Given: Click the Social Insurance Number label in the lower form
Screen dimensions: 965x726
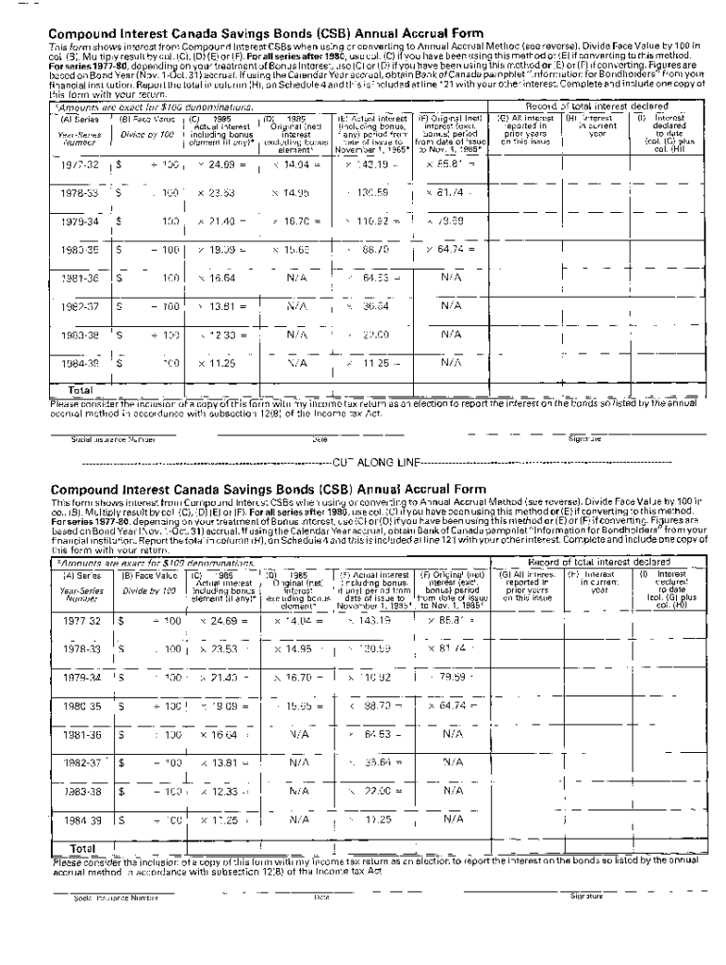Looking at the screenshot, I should [104, 897].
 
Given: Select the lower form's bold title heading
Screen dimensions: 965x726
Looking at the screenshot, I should [268, 490].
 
